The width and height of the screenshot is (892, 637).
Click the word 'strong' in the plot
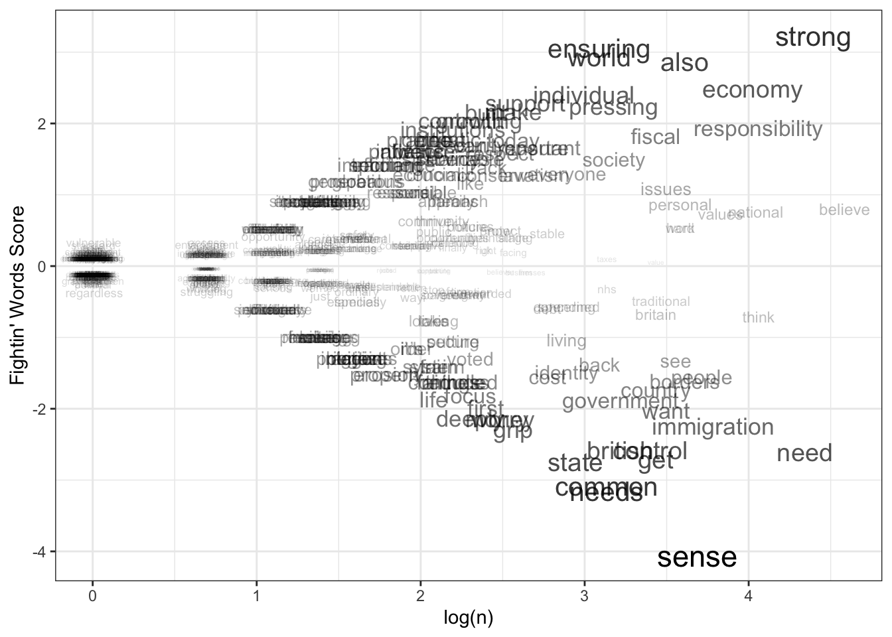click(812, 38)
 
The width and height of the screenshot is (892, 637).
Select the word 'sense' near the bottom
click(697, 557)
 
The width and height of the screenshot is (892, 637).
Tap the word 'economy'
click(752, 90)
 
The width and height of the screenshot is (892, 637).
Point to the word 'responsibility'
click(757, 129)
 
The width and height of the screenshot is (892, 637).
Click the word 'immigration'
click(712, 427)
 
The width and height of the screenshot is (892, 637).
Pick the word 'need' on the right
click(804, 454)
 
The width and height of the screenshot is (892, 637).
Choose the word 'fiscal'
click(655, 137)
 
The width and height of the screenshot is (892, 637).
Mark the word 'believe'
click(844, 210)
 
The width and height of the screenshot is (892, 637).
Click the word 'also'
click(684, 64)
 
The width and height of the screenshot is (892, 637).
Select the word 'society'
click(613, 161)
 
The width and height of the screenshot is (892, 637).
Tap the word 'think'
click(758, 318)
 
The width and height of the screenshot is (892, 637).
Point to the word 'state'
click(575, 463)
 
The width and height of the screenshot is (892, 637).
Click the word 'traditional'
click(660, 302)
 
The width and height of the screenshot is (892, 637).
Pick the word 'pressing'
click(613, 107)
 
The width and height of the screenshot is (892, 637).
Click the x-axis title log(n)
click(468, 618)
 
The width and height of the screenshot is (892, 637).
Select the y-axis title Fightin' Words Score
click(17, 295)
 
